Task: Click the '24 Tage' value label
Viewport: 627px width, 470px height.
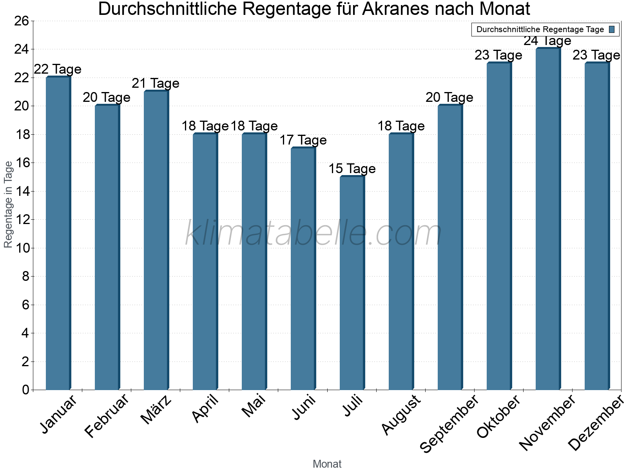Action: pyautogui.click(x=547, y=41)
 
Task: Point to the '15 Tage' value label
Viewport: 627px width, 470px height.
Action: pyautogui.click(x=352, y=169)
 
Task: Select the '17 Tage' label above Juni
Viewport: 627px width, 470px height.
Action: pyautogui.click(x=303, y=140)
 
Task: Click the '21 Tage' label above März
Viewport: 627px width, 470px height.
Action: pyautogui.click(x=156, y=83)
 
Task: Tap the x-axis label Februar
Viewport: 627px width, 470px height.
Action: pyautogui.click(x=107, y=416)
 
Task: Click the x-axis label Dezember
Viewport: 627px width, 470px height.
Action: pyautogui.click(x=596, y=423)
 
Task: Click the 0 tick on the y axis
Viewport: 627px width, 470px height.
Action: pyautogui.click(x=25, y=390)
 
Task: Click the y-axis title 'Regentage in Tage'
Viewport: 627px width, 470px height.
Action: pyautogui.click(x=8, y=205)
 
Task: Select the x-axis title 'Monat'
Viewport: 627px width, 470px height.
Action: pyautogui.click(x=327, y=464)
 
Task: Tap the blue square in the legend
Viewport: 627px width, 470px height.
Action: pyautogui.click(x=612, y=29)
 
